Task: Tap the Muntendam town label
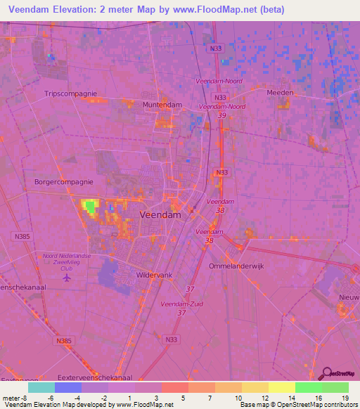pyautogui.click(x=162, y=105)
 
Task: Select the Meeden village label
pyautogui.click(x=279, y=93)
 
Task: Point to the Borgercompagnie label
pyautogui.click(x=64, y=181)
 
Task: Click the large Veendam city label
pyautogui.click(x=161, y=215)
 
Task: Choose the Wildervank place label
pyautogui.click(x=156, y=275)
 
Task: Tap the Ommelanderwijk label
pyautogui.click(x=237, y=266)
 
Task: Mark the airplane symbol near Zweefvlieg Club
pyautogui.click(x=67, y=278)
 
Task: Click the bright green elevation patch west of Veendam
pyautogui.click(x=90, y=206)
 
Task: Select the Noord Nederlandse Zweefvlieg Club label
pyautogui.click(x=67, y=261)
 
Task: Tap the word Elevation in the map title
pyautogui.click(x=76, y=8)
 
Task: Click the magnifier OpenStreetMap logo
pyautogui.click(x=326, y=373)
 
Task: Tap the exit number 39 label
pyautogui.click(x=221, y=115)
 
